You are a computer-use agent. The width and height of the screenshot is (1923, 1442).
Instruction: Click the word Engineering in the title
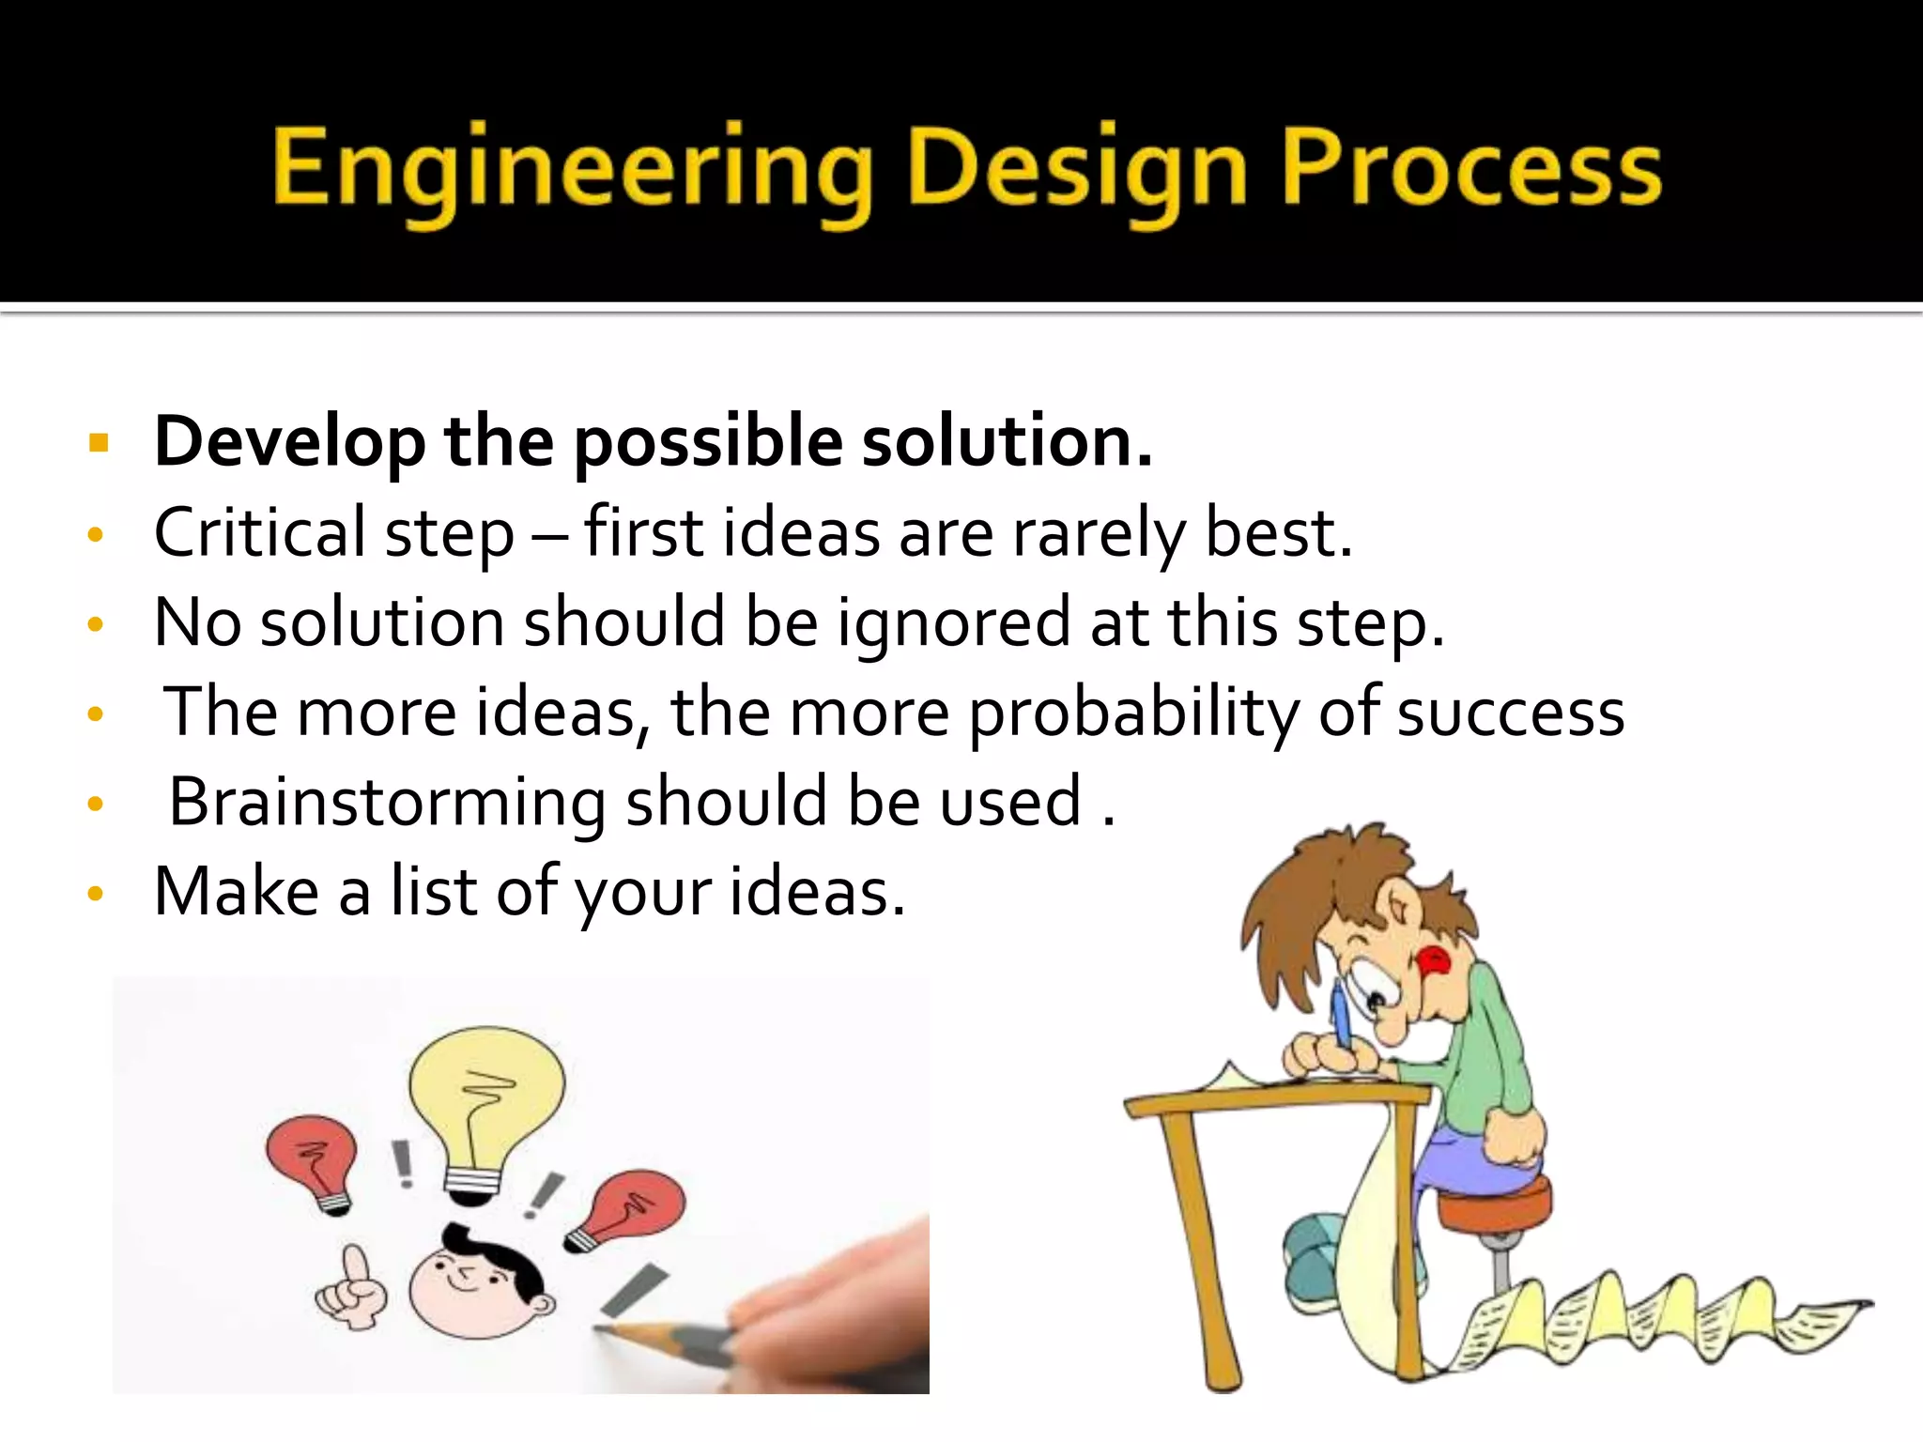click(573, 169)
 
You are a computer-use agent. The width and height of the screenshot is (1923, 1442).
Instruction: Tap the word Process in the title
click(1471, 169)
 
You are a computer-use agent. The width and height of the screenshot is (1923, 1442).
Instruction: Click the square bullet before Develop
click(99, 442)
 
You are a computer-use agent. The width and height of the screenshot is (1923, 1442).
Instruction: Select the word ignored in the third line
click(954, 623)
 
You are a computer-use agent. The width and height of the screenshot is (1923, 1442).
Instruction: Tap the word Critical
click(259, 532)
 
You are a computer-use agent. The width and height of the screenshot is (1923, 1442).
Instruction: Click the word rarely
click(1099, 534)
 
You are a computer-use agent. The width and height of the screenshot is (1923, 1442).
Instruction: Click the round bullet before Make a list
click(95, 893)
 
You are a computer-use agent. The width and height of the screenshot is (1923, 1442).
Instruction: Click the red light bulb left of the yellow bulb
click(314, 1159)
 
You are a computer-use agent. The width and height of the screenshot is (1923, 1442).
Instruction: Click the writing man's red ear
click(1434, 962)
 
